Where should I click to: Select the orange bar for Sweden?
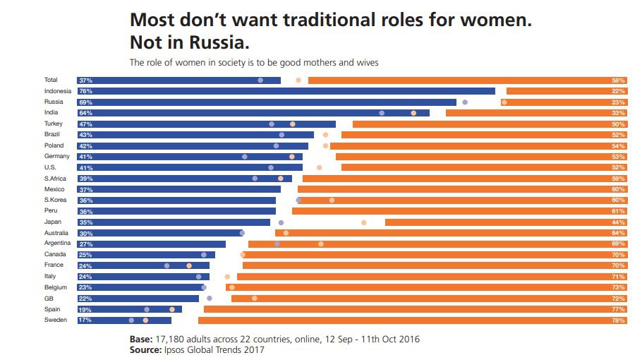tap(413, 320)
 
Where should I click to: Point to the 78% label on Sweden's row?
tap(619, 320)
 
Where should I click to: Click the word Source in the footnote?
tap(146, 349)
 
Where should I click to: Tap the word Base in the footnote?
tap(142, 339)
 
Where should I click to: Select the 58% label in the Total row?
tap(619, 80)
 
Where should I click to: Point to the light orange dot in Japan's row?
tap(364, 222)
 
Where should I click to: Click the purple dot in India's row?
tap(382, 113)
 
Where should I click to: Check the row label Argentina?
tap(57, 244)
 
